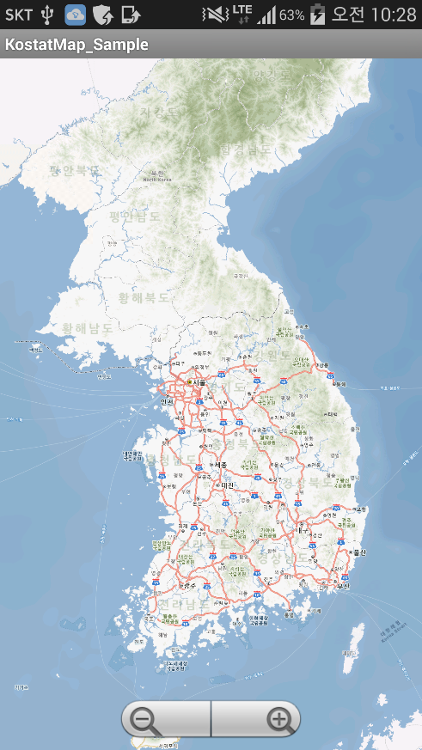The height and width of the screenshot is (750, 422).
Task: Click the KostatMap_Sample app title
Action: (x=76, y=45)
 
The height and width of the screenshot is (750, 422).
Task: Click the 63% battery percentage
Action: (x=291, y=15)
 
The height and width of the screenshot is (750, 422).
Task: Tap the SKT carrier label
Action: (x=19, y=14)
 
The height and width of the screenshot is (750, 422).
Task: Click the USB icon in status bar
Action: (x=47, y=14)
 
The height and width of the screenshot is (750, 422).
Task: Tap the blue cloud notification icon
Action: (x=76, y=14)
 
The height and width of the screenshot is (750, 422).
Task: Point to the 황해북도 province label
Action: (x=144, y=297)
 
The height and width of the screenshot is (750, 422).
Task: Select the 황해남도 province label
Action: (x=88, y=328)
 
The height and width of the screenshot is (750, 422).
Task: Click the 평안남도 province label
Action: (x=134, y=216)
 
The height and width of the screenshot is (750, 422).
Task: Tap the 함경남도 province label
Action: (x=245, y=149)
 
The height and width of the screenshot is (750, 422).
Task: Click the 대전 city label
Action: (x=227, y=485)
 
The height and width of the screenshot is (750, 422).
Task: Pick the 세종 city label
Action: (x=219, y=465)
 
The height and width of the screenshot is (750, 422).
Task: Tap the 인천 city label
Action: (x=167, y=401)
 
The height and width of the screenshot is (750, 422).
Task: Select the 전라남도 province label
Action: (x=183, y=604)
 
